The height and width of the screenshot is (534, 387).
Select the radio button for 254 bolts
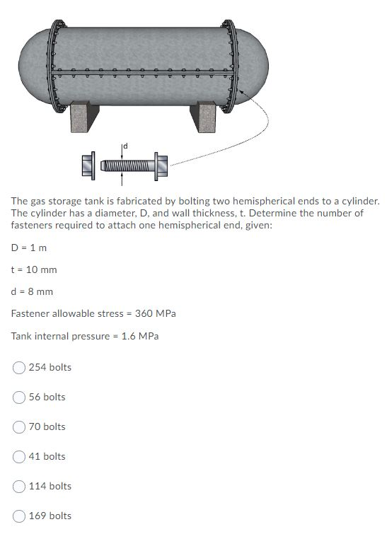pos(19,367)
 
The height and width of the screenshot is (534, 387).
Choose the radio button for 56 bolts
pos(19,397)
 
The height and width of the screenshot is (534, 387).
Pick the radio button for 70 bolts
pos(19,426)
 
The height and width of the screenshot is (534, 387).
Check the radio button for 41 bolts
pos(19,456)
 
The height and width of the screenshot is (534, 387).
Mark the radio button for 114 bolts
pos(19,486)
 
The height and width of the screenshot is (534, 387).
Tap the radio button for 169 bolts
pos(19,516)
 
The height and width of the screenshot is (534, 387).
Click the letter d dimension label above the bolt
pos(126,146)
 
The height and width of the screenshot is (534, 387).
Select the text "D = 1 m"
pos(29,248)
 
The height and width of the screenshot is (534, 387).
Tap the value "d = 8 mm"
pos(32,291)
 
